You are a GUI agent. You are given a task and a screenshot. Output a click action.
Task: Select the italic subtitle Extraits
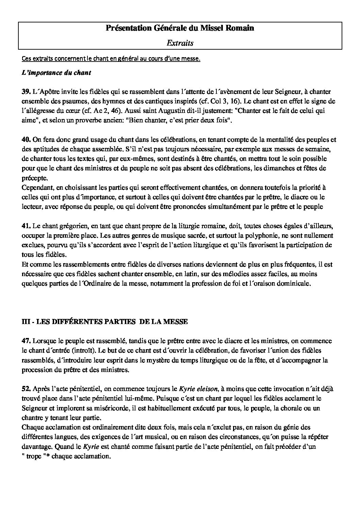pos(180,43)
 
